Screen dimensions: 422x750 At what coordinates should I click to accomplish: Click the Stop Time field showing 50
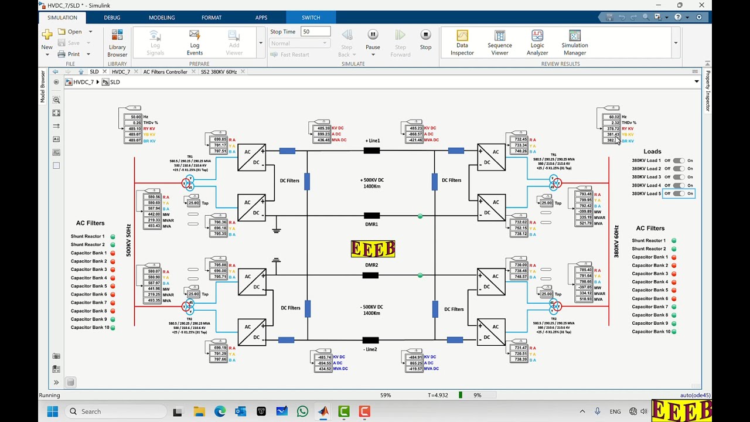pyautogui.click(x=315, y=32)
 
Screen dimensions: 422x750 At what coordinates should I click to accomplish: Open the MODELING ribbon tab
pyautogui.click(x=162, y=18)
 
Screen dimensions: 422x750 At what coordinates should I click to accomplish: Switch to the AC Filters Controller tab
pyautogui.click(x=165, y=72)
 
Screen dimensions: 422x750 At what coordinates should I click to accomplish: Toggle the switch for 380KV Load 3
pyautogui.click(x=679, y=177)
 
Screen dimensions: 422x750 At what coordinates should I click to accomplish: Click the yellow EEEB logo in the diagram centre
pyautogui.click(x=373, y=249)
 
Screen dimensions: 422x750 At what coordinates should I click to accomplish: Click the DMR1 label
pyautogui.click(x=371, y=224)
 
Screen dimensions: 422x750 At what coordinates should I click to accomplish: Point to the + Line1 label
pyautogui.click(x=373, y=141)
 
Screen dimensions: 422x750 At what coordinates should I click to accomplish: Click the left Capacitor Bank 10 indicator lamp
pyautogui.click(x=112, y=328)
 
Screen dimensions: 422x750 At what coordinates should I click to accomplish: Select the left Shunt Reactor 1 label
pyautogui.click(x=88, y=236)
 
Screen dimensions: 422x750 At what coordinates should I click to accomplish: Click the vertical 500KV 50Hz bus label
pyautogui.click(x=129, y=240)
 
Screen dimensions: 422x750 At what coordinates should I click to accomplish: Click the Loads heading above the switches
pyautogui.click(x=652, y=151)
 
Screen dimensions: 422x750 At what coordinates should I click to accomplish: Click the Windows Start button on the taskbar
pyautogui.click(x=52, y=411)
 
